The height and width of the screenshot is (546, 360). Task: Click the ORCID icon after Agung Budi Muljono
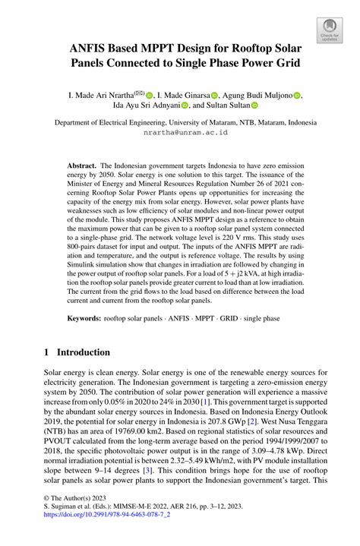(x=297, y=96)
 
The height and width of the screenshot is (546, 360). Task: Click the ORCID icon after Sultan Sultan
(x=254, y=106)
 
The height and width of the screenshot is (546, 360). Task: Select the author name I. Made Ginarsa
(x=184, y=95)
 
